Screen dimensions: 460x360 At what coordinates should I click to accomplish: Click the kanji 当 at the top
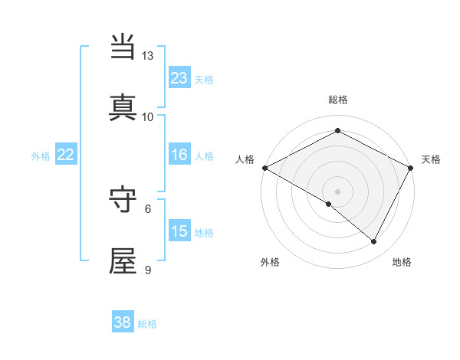coord(123,47)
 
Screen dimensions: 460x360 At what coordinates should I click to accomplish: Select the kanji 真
coord(123,108)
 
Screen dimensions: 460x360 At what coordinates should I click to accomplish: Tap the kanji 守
coord(123,199)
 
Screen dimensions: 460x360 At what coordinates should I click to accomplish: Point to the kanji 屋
coord(123,260)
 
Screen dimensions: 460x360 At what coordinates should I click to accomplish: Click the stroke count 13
coord(148,56)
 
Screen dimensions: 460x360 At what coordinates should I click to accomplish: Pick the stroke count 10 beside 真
coord(148,116)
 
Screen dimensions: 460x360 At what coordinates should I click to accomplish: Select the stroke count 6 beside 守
coord(149,208)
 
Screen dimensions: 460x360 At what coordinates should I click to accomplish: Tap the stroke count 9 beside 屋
coord(149,269)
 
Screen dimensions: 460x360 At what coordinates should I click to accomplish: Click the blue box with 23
coord(179,78)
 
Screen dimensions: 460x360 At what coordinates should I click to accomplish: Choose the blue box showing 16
coord(179,155)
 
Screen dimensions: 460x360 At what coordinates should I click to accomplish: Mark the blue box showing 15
coord(179,231)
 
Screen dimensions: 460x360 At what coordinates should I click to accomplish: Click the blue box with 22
coord(66,155)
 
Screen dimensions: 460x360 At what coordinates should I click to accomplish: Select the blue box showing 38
coord(123,322)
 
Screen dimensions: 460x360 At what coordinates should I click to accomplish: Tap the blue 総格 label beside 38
coord(147,324)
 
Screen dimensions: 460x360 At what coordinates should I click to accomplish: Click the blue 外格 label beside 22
coord(41,156)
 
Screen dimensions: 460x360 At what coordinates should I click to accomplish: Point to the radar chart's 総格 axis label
coord(337,100)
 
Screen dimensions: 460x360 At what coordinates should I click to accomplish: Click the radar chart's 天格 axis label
coord(431,159)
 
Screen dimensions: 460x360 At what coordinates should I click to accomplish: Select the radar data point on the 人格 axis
coord(264,167)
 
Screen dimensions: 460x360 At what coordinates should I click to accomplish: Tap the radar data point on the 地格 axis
coord(374,242)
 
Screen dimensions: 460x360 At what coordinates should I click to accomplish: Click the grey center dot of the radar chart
coord(337,191)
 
